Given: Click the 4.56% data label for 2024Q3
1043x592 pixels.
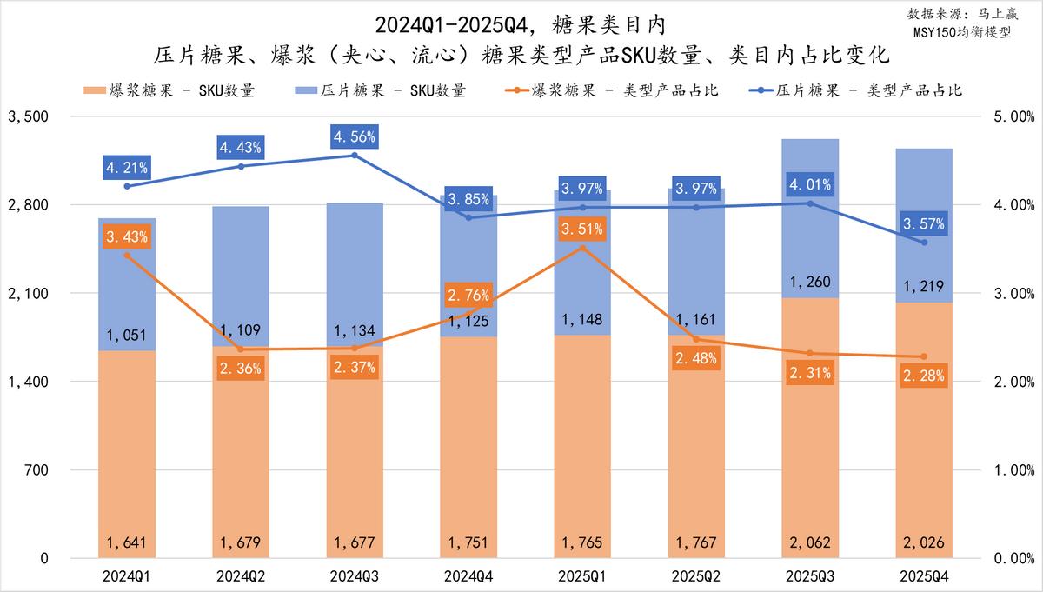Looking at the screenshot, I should click(x=355, y=136).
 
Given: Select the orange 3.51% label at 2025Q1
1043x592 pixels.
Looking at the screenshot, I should click(x=583, y=229).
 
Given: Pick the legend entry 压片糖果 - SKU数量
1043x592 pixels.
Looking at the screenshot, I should click(x=381, y=90).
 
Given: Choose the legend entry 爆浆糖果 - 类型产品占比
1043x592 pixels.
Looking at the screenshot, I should click(x=612, y=90).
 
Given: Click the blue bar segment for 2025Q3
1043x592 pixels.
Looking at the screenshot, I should click(x=810, y=217).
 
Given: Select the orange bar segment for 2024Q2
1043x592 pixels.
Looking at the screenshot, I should click(x=241, y=452).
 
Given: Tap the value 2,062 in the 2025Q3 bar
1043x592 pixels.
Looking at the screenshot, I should click(x=810, y=543).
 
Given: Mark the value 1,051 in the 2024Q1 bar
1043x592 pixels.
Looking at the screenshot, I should click(x=127, y=336).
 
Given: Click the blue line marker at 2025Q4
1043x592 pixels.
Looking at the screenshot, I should click(x=924, y=243).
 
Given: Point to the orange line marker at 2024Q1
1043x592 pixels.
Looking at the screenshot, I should click(x=127, y=256).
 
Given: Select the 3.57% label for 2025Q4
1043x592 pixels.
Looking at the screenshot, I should click(x=924, y=223).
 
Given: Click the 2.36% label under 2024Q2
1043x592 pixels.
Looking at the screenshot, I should click(x=241, y=368).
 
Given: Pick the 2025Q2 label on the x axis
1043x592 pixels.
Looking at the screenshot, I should click(x=696, y=576).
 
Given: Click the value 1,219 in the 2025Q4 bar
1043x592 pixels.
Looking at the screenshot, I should click(x=924, y=287).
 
